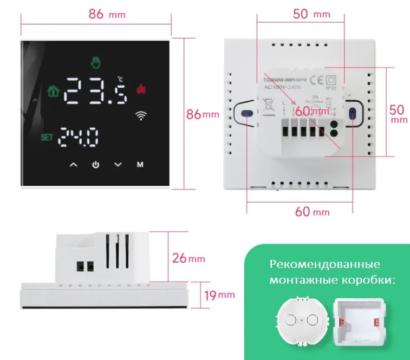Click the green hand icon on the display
(96, 63)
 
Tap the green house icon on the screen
(53, 90)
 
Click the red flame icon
(141, 89)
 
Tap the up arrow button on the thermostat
(74, 165)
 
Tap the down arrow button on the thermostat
(118, 165)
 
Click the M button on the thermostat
(140, 165)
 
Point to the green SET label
(47, 138)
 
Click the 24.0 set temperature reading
(79, 138)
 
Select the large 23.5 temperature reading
(96, 90)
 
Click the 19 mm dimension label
(219, 294)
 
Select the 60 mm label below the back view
(312, 212)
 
